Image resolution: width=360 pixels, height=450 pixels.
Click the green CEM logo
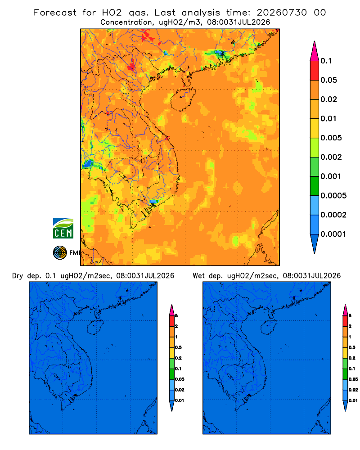pos(63,229)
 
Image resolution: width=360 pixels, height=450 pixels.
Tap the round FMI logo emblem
pos(60,253)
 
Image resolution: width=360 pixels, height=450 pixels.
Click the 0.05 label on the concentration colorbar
pos(328,80)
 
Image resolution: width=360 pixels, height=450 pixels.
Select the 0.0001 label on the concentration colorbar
pos(333,234)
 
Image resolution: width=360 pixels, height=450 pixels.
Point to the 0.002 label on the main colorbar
pos(331,157)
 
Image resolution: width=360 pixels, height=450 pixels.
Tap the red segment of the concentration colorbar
pos(315,71)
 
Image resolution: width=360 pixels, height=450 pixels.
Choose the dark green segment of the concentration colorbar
pos(315,186)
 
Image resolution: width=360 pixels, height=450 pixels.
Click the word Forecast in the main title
pos(55,13)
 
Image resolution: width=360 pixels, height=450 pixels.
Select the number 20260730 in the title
pos(282,13)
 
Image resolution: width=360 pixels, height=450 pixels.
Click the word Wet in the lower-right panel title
pos(198,276)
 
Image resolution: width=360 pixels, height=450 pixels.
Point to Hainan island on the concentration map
pos(183,99)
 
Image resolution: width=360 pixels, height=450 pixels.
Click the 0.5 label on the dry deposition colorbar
pos(178,347)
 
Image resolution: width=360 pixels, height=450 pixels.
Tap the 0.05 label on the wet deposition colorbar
pos(353,379)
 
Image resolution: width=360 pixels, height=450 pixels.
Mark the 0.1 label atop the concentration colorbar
pos(326,61)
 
